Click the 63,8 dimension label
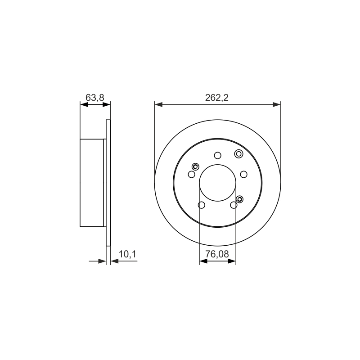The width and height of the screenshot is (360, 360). pyautogui.click(x=95, y=98)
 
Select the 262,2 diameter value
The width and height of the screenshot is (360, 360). pyautogui.click(x=217, y=98)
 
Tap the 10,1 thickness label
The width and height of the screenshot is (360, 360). pyautogui.click(x=128, y=254)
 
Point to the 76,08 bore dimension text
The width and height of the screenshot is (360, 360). pyautogui.click(x=217, y=254)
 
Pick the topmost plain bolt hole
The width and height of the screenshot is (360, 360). pyautogui.click(x=217, y=155)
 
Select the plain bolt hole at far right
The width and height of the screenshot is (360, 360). pyautogui.click(x=243, y=175)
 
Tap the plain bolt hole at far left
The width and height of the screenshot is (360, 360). pyautogui.click(x=192, y=175)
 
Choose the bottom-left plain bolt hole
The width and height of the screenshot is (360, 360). pyautogui.click(x=201, y=205)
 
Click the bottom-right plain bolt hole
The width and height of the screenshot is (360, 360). pyautogui.click(x=234, y=205)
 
